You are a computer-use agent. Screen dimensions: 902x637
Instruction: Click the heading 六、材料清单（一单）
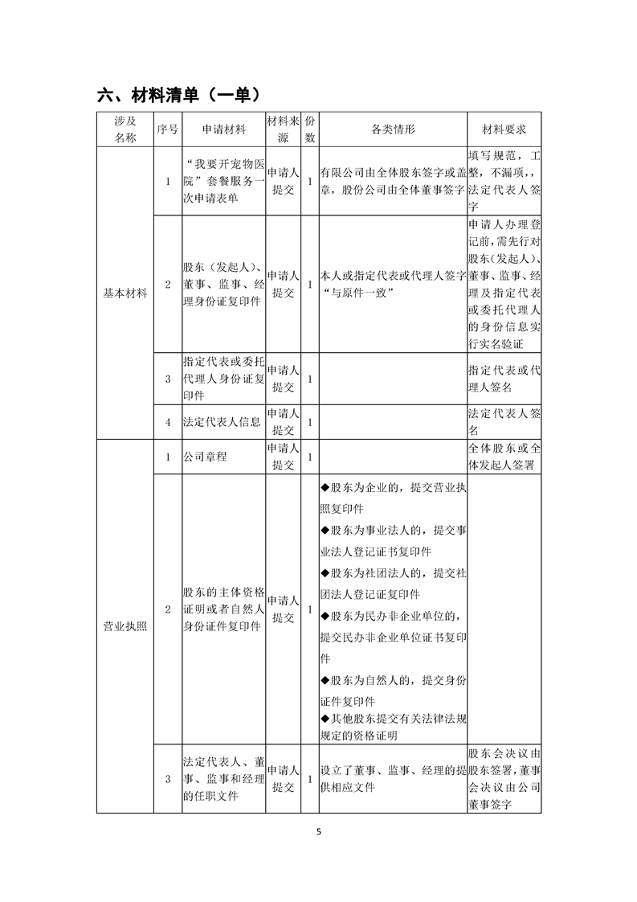click(178, 95)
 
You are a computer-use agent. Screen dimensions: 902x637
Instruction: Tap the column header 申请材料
click(223, 129)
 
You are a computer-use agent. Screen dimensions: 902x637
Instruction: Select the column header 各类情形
click(393, 129)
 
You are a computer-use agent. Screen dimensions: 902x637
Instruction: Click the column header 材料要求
click(504, 129)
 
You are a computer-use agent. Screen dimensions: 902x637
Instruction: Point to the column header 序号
click(167, 129)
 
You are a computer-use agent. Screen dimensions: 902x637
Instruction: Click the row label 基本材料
click(125, 293)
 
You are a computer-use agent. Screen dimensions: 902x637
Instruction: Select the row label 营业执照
click(125, 626)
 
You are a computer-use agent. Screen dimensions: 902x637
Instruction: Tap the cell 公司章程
click(206, 457)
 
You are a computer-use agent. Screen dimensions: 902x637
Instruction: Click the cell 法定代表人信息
click(222, 420)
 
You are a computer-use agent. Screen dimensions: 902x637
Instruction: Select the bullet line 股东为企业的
click(393, 498)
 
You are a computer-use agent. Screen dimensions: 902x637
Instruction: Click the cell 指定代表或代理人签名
click(504, 379)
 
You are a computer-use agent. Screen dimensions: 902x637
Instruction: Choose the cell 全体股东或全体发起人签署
click(504, 457)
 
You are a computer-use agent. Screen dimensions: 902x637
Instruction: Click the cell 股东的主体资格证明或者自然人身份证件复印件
click(223, 609)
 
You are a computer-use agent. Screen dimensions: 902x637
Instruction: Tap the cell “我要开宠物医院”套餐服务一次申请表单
click(223, 181)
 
